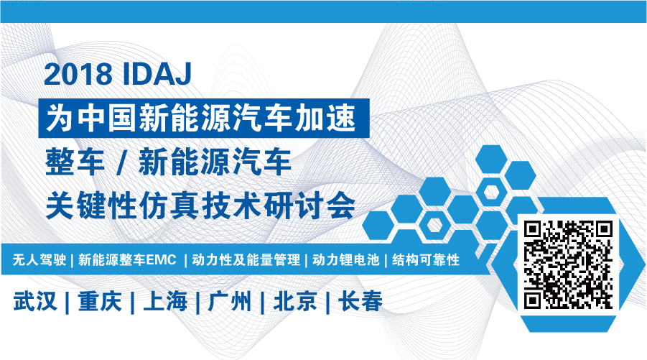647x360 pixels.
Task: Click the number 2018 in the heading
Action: coord(78,74)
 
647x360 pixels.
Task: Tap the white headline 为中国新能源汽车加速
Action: coord(201,118)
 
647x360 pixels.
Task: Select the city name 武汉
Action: coord(35,300)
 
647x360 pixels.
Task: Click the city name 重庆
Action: coord(99,300)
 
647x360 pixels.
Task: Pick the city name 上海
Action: coord(164,300)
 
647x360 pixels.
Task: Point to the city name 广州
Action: coord(229,300)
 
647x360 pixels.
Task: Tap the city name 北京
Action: coord(295,300)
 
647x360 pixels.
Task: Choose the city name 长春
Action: coord(360,300)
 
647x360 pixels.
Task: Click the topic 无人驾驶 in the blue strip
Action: coord(39,259)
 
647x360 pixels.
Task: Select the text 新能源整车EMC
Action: coord(128,259)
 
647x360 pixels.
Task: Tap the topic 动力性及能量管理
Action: coord(246,259)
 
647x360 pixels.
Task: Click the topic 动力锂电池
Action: coord(346,259)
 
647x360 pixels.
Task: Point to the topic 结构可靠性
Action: coord(426,259)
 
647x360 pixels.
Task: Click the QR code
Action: coord(568,265)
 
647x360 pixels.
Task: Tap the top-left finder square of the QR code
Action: coord(532,229)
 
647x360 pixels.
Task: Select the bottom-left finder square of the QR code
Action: coord(532,301)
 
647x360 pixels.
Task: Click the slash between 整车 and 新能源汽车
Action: coord(121,162)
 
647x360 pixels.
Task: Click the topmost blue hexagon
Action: coord(491,160)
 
